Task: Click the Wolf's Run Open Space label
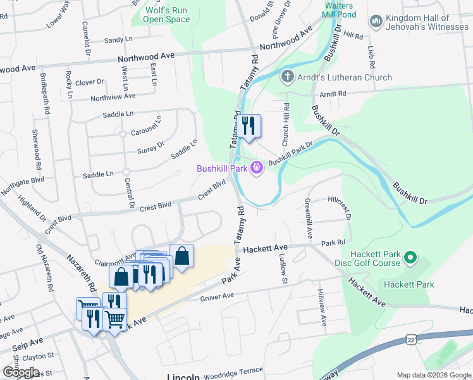pyautogui.click(x=168, y=15)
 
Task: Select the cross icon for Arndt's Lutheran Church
pyautogui.click(x=288, y=78)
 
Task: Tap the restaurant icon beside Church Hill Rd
pyautogui.click(x=250, y=125)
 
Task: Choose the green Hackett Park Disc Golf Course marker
pyautogui.click(x=410, y=258)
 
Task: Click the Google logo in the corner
pyautogui.click(x=20, y=372)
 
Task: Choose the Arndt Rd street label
pyautogui.click(x=333, y=94)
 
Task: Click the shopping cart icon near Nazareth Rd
pyautogui.click(x=114, y=320)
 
